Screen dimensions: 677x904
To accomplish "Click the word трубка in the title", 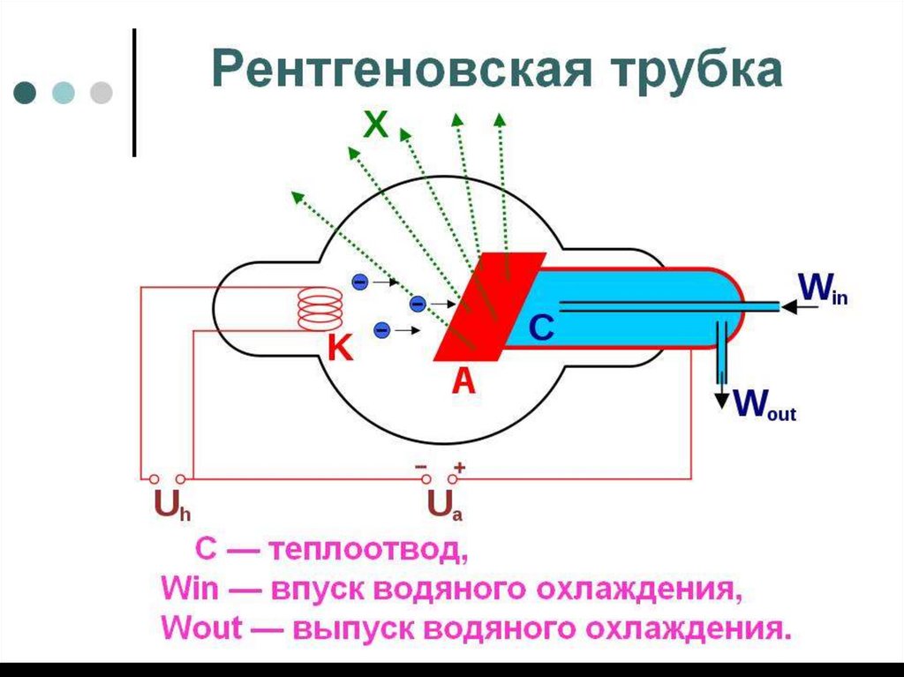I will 693,70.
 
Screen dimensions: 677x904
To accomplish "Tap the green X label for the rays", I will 376,126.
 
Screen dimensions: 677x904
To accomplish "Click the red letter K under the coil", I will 340,350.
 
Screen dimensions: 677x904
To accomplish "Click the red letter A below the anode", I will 463,381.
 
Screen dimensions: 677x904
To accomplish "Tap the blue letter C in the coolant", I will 540,328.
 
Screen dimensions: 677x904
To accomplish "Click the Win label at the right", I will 823,289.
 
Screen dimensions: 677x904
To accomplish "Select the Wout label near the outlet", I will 765,404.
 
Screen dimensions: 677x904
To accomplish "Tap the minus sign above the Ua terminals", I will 421,465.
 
